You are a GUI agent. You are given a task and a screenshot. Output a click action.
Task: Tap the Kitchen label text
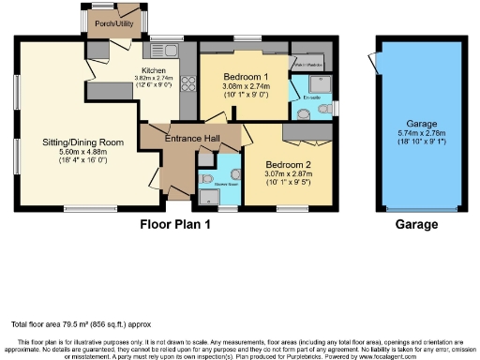(154, 69)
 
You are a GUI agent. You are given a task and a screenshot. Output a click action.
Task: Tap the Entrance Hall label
(192, 139)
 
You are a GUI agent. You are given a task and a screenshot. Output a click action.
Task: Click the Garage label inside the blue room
(416, 124)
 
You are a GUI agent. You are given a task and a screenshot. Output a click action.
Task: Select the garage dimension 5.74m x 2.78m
(416, 134)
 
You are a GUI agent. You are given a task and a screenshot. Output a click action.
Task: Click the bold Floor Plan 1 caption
(175, 225)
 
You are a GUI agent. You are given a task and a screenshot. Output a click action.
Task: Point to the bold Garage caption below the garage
(416, 225)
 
